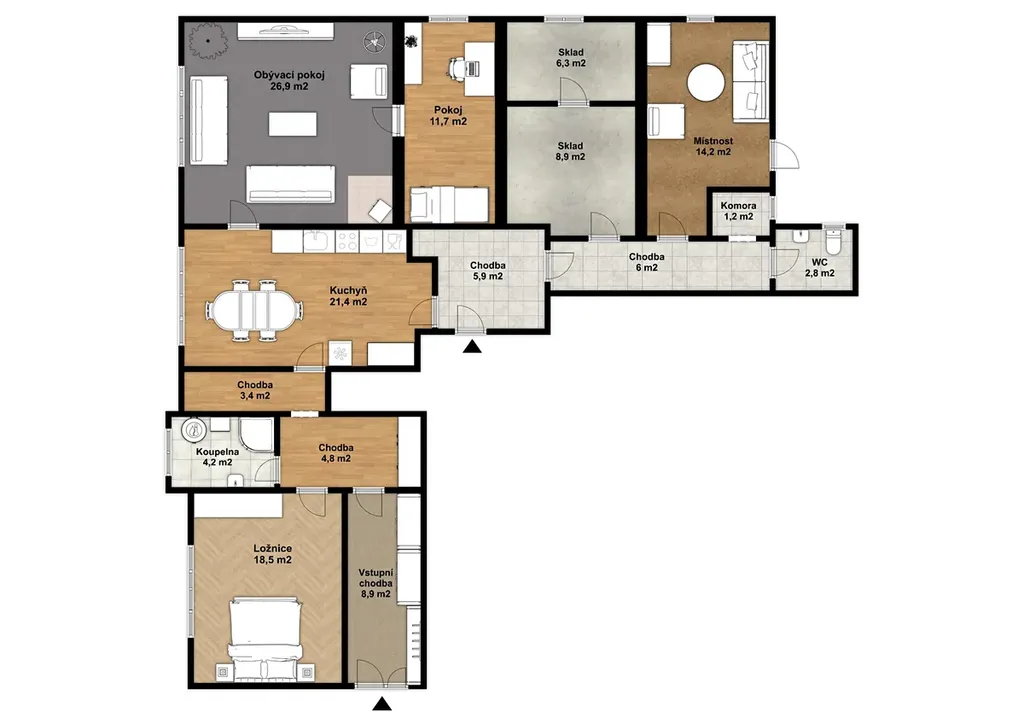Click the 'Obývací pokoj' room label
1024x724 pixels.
pyautogui.click(x=289, y=75)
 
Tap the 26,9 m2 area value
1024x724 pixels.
pyautogui.click(x=289, y=86)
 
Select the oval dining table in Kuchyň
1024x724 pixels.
pyautogui.click(x=254, y=310)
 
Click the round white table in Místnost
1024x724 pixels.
pyautogui.click(x=706, y=82)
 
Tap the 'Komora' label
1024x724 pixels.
pyautogui.click(x=739, y=206)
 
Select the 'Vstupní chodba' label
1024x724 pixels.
pyautogui.click(x=376, y=578)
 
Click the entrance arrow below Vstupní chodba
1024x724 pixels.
pyautogui.click(x=381, y=703)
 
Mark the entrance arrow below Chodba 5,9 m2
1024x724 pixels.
pyautogui.click(x=472, y=346)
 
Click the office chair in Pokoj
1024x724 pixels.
pyautogui.click(x=456, y=67)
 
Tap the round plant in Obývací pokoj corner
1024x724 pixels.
pyautogui.click(x=208, y=40)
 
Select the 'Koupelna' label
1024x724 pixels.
pyautogui.click(x=217, y=451)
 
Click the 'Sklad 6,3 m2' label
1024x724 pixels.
pyautogui.click(x=571, y=57)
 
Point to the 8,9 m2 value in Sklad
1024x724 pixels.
pyautogui.click(x=571, y=157)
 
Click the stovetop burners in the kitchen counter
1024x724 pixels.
pyautogui.click(x=347, y=242)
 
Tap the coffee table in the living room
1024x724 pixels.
pyautogui.click(x=293, y=124)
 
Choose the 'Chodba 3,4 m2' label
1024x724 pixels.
pyautogui.click(x=255, y=390)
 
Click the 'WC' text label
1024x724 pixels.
pyautogui.click(x=820, y=262)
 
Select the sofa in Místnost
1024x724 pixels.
pyautogui.click(x=750, y=81)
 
